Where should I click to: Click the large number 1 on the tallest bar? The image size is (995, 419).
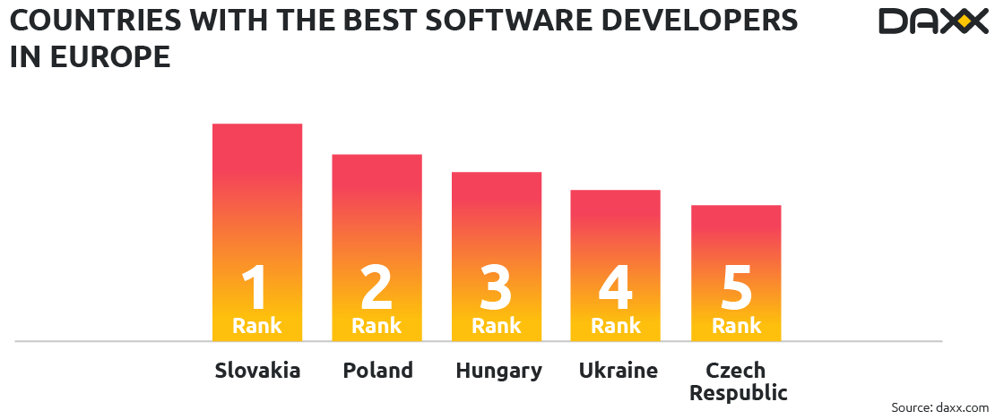256,286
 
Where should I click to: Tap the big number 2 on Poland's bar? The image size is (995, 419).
376,286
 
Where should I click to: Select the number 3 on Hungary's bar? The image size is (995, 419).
496,286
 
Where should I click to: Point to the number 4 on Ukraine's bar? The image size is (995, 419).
616,286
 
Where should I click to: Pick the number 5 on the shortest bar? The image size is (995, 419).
736,286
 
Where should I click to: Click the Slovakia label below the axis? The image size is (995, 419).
257,371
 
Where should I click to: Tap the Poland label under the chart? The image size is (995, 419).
377,371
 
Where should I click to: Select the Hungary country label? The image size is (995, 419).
498,371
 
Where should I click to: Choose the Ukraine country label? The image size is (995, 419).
618,371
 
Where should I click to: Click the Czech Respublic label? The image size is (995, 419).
736,381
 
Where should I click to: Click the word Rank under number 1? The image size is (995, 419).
256,326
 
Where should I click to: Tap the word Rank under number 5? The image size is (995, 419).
736,326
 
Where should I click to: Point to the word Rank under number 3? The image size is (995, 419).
496,326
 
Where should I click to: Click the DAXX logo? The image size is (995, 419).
931,21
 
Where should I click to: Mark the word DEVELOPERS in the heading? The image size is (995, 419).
700,21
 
